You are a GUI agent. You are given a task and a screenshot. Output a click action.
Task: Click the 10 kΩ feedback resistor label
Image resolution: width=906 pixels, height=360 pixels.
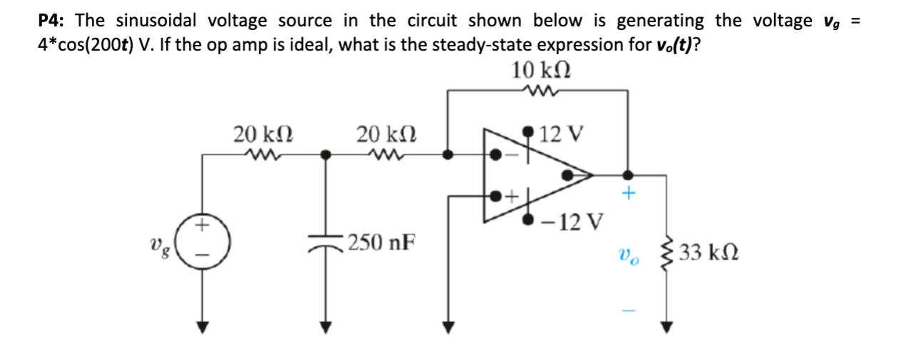[542, 71]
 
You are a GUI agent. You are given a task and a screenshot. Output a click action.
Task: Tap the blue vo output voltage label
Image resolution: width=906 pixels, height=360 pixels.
[628, 254]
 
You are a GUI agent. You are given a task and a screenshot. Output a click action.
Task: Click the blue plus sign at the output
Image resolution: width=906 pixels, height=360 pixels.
[628, 194]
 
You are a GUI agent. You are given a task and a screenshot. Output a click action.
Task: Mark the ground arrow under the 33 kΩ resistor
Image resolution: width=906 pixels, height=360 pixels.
[666, 326]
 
